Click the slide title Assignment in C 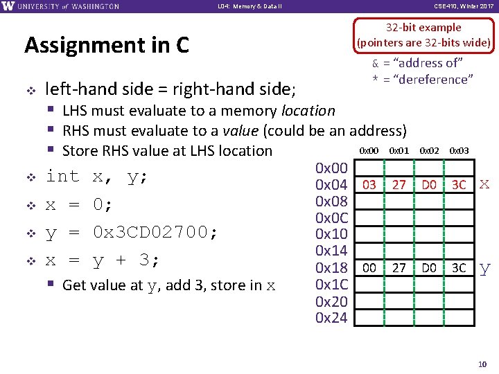107,46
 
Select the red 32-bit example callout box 423,35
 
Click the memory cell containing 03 369,185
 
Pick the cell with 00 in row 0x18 369,268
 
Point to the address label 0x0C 331,218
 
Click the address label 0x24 331,318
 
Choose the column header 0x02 429,150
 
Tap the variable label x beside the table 484,184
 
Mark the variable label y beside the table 484,269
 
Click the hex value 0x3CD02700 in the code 156,233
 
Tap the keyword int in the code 62,177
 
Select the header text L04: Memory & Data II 249,6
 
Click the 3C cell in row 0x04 459,185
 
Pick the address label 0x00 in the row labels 331,168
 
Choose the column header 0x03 459,150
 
